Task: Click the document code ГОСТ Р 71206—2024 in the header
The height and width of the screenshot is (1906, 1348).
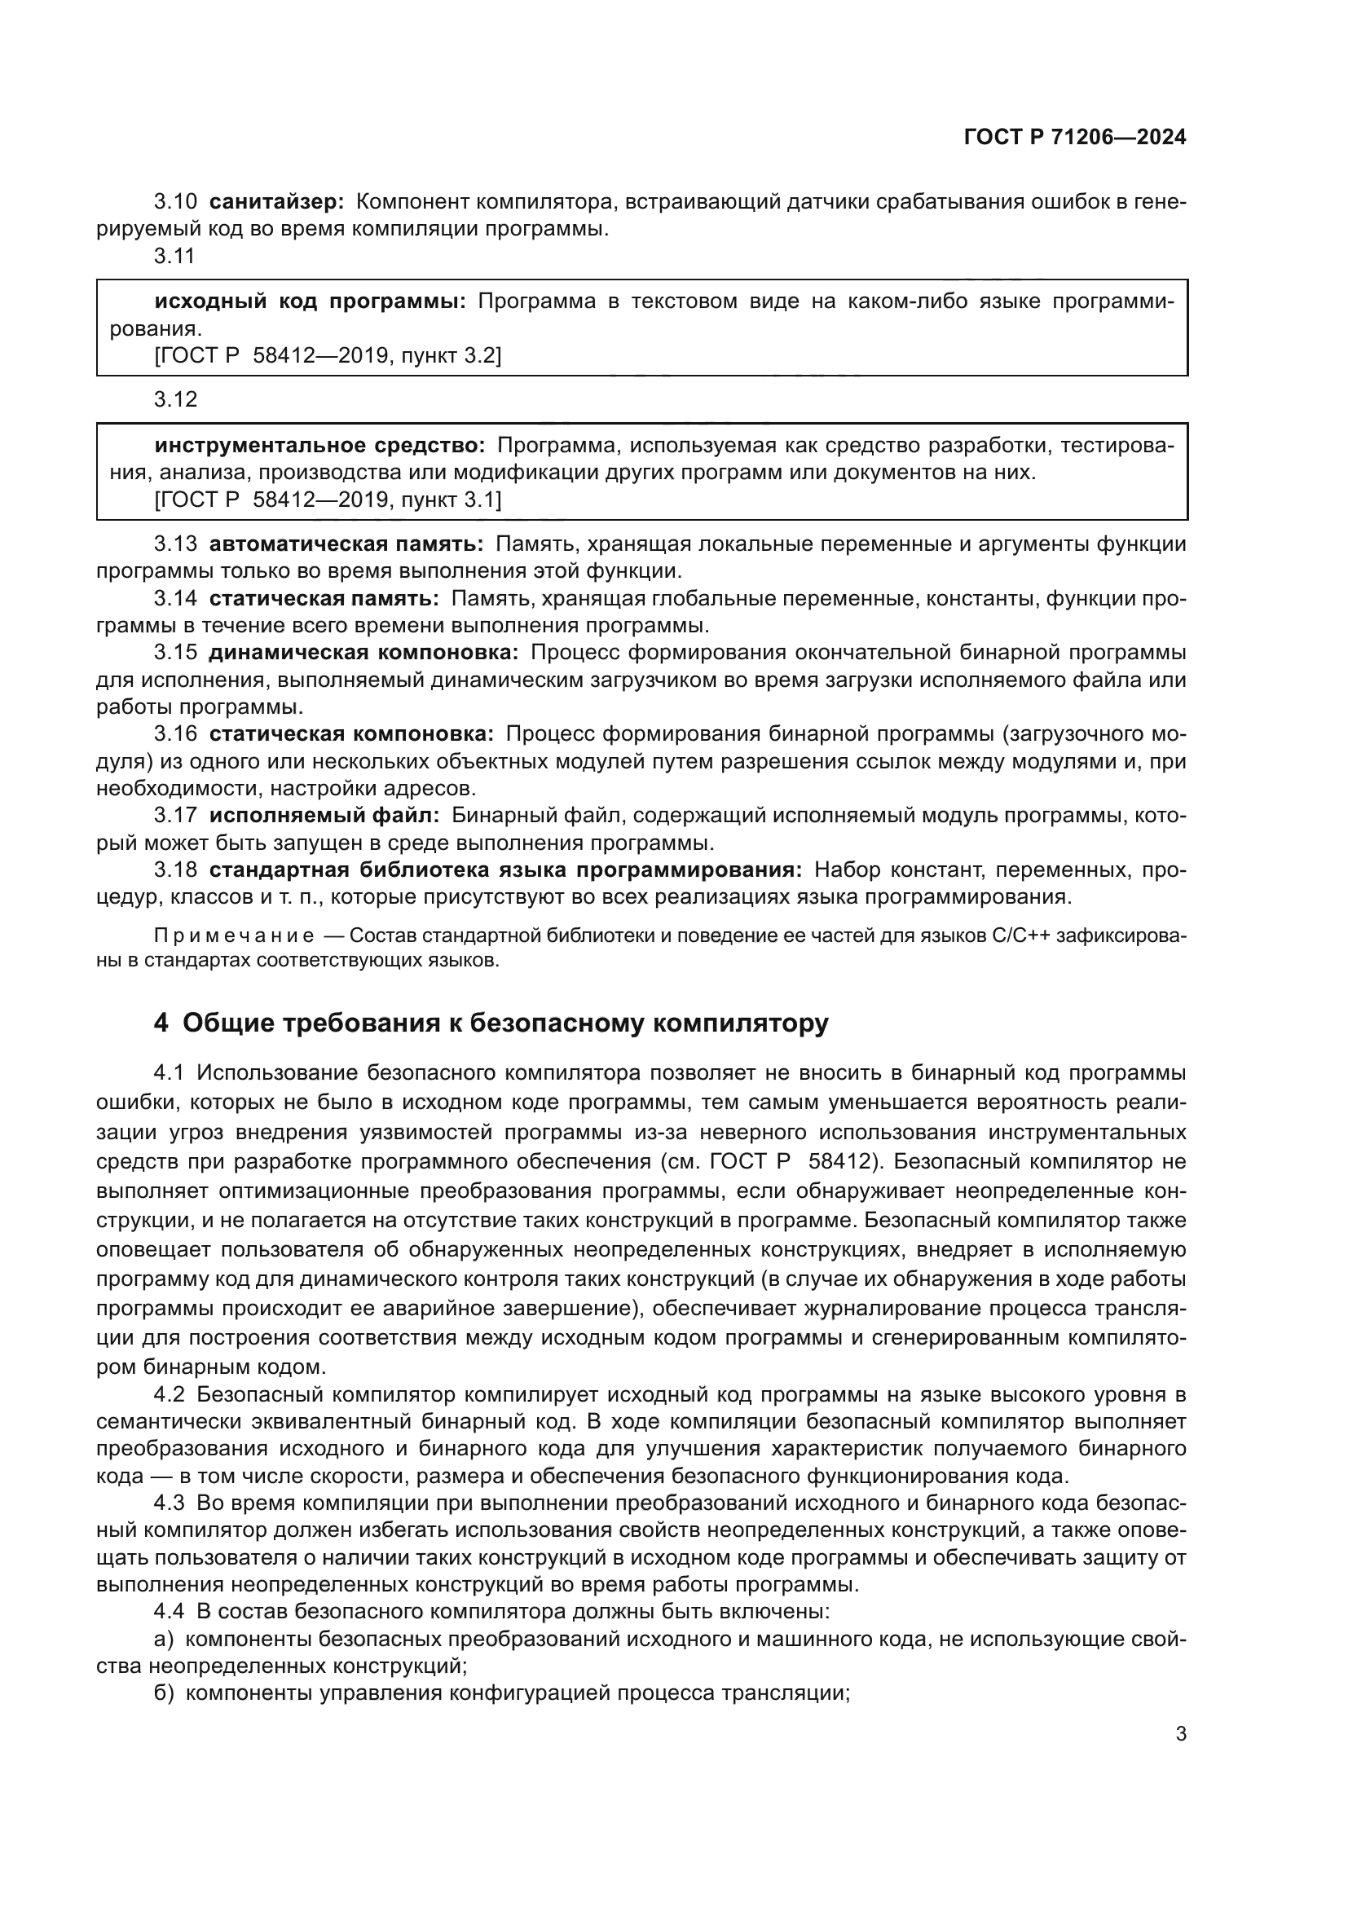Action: tap(1075, 138)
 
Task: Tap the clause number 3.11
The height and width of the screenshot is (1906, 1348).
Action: tap(174, 257)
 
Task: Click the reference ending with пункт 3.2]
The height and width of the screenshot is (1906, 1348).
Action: tap(328, 356)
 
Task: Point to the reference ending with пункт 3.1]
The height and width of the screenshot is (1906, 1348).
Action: tap(328, 500)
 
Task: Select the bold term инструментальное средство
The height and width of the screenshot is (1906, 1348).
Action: tap(319, 446)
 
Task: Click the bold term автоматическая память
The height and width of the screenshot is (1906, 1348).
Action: tap(346, 544)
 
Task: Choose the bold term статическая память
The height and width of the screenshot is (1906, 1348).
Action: tap(324, 599)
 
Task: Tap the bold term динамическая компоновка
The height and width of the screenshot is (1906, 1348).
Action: tap(363, 653)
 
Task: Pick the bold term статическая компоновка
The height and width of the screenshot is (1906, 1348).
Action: tap(351, 734)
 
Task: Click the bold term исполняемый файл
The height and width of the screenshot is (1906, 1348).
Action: tap(324, 816)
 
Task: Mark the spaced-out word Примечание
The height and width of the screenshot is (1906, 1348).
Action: tap(234, 936)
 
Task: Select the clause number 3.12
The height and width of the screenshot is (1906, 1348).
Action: tap(174, 400)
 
